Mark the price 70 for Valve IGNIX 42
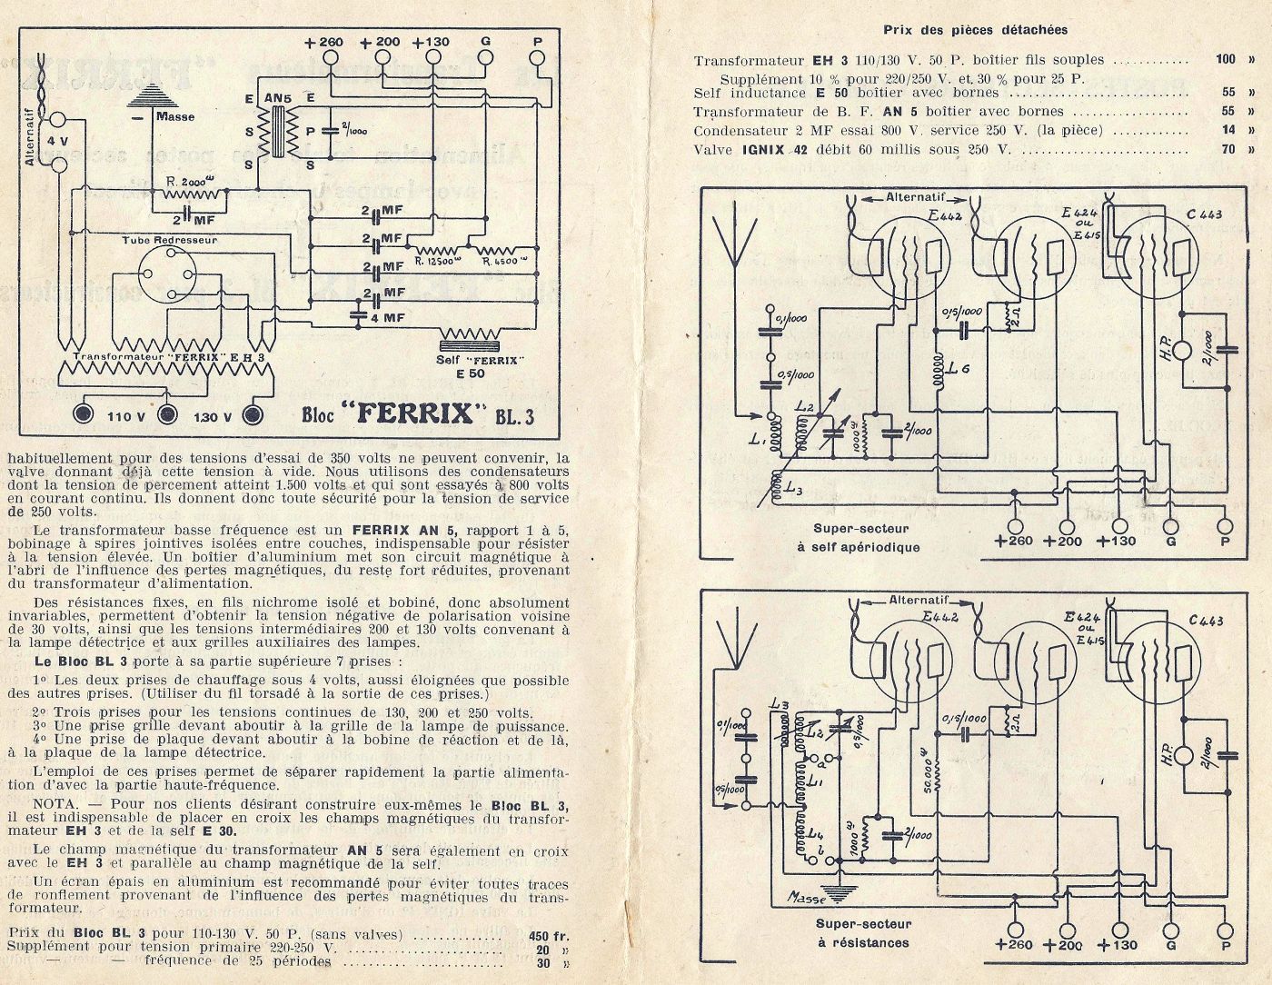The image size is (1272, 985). tap(1228, 149)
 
